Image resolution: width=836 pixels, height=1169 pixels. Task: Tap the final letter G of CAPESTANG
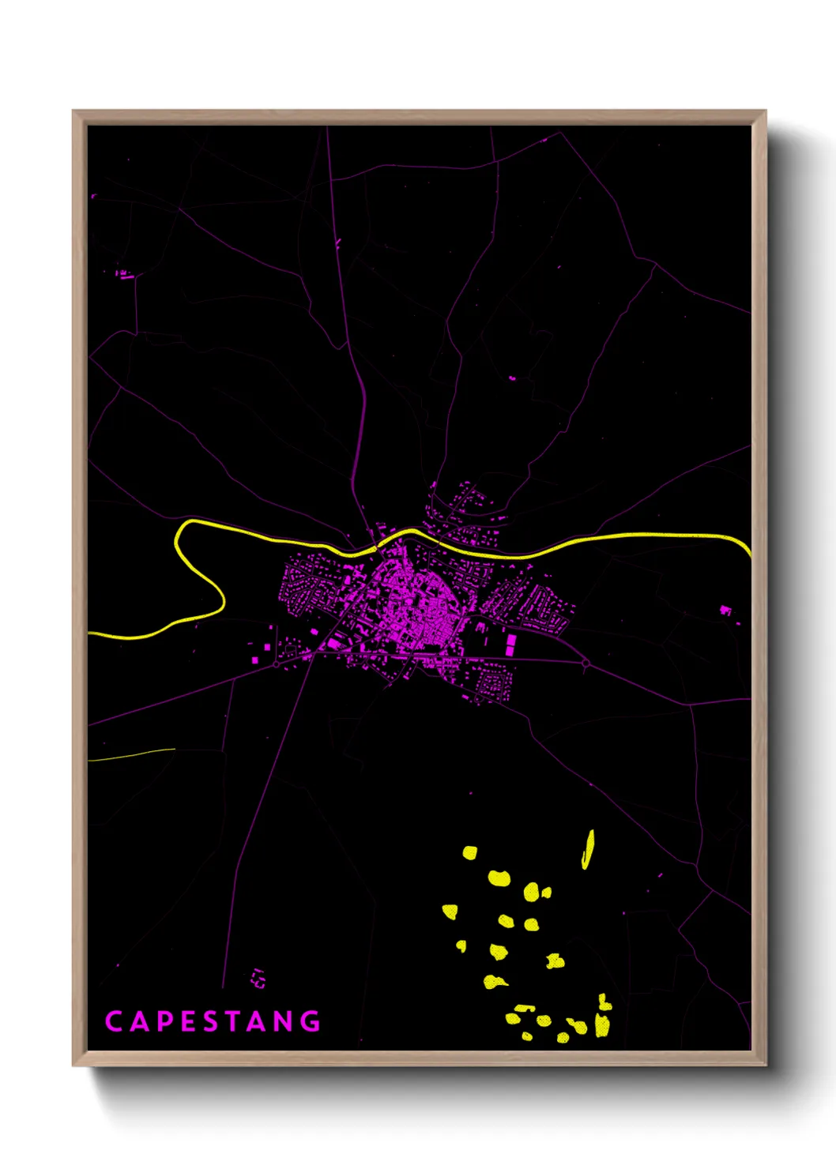click(x=311, y=1021)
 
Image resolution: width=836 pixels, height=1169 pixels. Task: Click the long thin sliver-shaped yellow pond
click(x=588, y=849)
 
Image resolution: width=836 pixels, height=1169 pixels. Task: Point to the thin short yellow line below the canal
click(x=130, y=755)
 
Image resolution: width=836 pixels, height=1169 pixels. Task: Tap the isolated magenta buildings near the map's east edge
click(x=726, y=611)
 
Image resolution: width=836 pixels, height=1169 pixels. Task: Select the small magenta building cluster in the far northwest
click(x=123, y=274)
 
